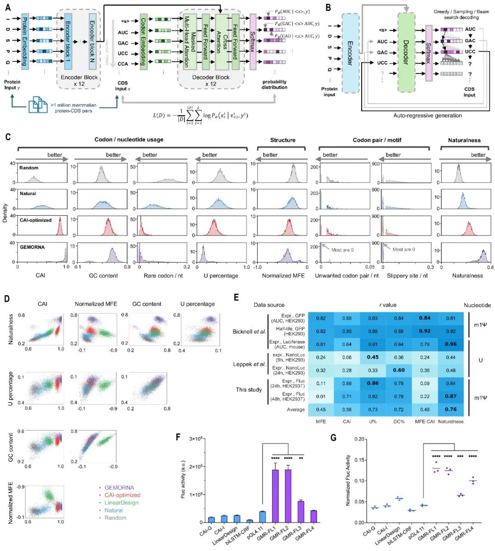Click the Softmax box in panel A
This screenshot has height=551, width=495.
253,41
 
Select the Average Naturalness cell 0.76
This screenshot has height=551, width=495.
451,409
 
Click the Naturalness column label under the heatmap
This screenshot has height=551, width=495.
451,421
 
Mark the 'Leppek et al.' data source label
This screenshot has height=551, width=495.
250,365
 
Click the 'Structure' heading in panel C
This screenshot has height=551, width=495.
283,140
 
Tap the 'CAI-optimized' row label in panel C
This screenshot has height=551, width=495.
35,220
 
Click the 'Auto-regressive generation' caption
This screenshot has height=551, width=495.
428,116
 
